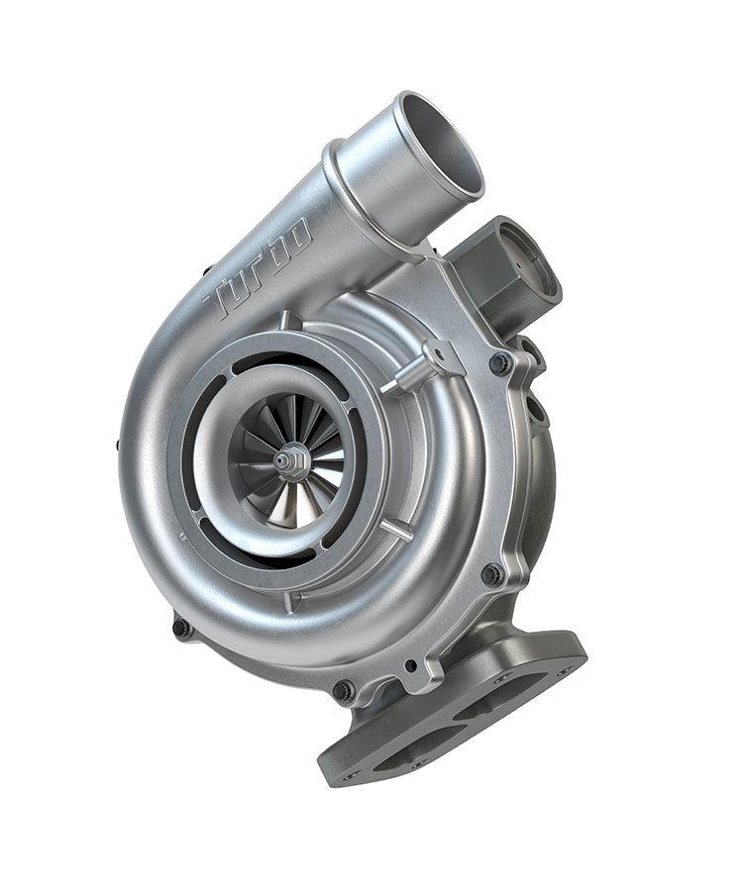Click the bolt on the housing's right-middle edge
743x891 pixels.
[x=492, y=573]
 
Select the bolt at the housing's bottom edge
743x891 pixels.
[x=343, y=690]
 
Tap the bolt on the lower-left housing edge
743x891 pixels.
[x=181, y=628]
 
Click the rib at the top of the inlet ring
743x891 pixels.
[x=286, y=321]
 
